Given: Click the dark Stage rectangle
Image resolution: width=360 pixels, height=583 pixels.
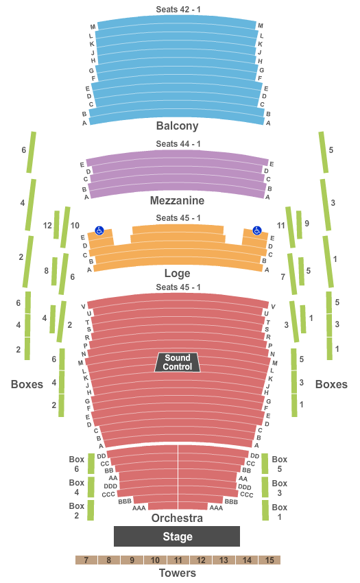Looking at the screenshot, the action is [177, 536].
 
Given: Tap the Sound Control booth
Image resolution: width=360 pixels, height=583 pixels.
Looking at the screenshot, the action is [178, 362].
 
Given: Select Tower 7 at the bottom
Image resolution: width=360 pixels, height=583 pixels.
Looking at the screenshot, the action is [86, 560].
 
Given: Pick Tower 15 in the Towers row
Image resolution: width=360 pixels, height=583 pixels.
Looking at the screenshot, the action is [269, 560].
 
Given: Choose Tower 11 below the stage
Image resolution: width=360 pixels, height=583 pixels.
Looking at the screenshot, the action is [178, 560].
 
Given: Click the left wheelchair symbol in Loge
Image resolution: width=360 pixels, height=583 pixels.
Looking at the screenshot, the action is [99, 230].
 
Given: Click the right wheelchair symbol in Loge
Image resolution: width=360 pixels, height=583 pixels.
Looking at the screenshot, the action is [257, 230].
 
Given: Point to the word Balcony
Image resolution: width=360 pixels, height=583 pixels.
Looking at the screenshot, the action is [178, 126].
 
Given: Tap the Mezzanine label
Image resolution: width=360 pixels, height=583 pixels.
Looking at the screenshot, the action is [178, 200].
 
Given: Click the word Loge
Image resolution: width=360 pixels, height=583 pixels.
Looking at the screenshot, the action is [178, 273].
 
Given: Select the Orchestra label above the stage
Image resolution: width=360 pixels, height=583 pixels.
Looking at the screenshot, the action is [178, 518].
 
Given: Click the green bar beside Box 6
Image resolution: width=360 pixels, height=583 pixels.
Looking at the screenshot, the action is [91, 464].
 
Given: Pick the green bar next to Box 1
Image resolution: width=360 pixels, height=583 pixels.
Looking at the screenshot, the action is [265, 510].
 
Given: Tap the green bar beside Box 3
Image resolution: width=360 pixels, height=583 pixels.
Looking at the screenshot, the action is [265, 487].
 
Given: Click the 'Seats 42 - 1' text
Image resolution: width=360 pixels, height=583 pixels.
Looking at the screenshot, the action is [178, 10].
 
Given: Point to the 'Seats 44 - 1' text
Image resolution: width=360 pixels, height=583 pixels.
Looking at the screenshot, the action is [178, 143].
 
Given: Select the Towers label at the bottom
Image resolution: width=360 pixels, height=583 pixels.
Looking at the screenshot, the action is [178, 573].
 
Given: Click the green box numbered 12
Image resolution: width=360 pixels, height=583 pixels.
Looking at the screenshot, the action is [56, 224].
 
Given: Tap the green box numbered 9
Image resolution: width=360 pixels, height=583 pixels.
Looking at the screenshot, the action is [299, 224].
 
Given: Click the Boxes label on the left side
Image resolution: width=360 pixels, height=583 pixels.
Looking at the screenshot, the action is [27, 384].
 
